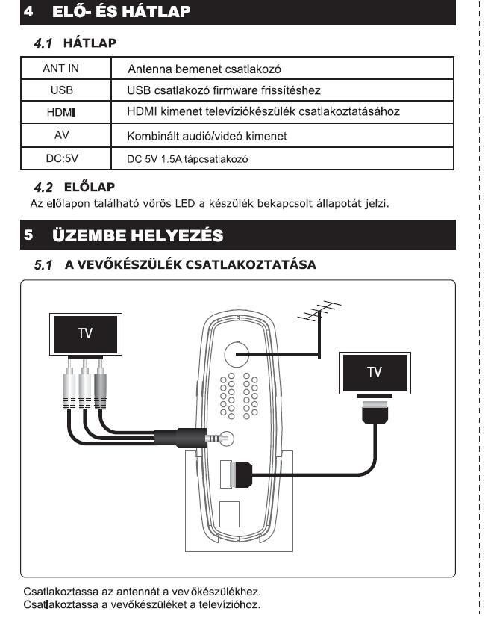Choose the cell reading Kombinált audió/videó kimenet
(207, 137)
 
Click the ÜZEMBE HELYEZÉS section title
(140, 235)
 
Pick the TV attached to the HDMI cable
(374, 371)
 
